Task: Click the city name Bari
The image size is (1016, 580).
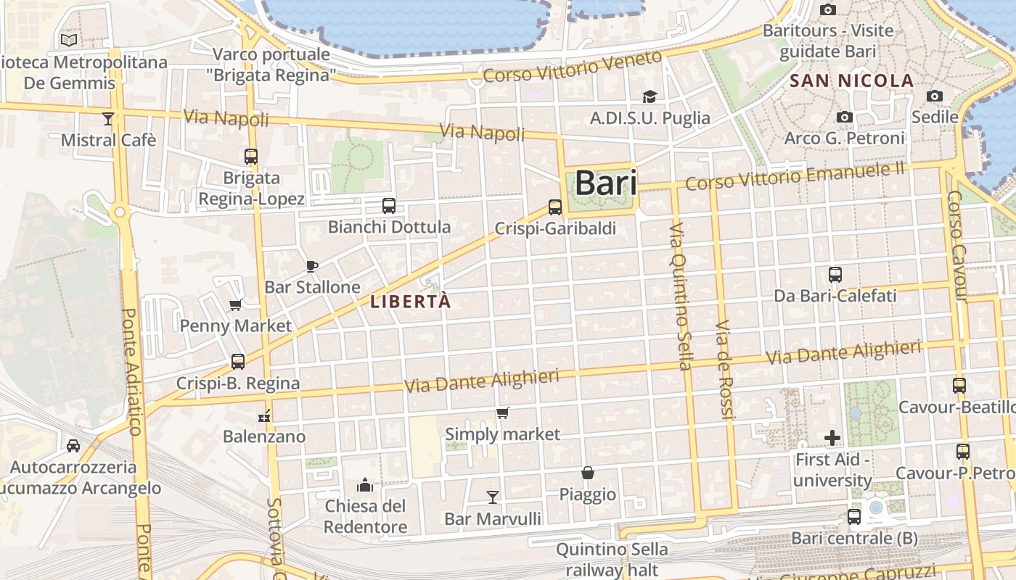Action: (x=606, y=183)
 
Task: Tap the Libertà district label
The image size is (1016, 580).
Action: (x=411, y=302)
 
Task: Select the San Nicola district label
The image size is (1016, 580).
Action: (x=851, y=80)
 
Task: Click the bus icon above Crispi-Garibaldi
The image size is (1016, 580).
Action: (x=555, y=207)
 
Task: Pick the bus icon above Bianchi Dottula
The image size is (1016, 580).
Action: (x=389, y=206)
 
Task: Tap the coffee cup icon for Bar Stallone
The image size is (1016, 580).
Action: (x=312, y=266)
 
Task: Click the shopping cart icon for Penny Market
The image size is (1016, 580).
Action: (x=235, y=305)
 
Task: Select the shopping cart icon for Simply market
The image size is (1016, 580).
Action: (x=502, y=413)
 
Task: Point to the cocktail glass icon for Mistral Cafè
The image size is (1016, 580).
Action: (x=108, y=119)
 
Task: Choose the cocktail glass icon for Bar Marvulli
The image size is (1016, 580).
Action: (x=493, y=497)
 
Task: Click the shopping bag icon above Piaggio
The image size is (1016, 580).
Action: (x=588, y=473)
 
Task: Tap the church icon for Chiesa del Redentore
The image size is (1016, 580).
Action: (x=365, y=484)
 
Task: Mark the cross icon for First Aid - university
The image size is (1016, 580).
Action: (x=832, y=438)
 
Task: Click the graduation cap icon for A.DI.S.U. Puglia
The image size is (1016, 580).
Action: (x=650, y=96)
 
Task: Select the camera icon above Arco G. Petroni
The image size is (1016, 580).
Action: (x=844, y=117)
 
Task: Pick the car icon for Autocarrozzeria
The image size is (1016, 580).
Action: (x=73, y=446)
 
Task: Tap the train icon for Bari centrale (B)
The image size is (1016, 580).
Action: (x=854, y=517)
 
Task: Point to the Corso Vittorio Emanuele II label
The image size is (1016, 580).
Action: (x=795, y=176)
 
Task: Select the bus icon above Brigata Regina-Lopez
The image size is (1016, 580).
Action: (x=251, y=157)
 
